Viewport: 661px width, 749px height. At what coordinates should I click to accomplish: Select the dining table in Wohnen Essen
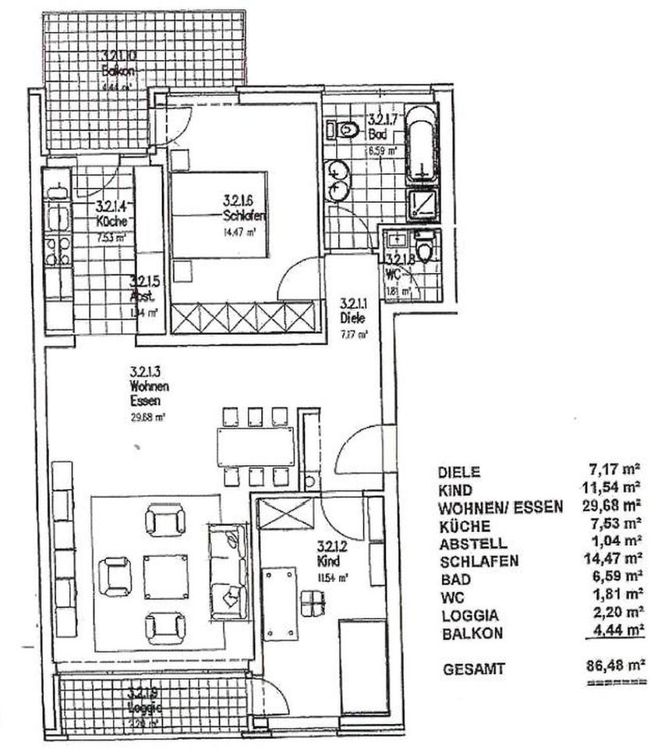click(x=254, y=445)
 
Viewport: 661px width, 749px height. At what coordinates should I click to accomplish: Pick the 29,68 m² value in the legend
click(x=615, y=507)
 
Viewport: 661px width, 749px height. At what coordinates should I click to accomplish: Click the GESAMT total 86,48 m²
click(x=615, y=668)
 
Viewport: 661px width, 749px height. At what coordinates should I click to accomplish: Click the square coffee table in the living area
click(x=165, y=577)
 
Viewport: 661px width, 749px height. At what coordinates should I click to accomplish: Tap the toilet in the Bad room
click(x=348, y=130)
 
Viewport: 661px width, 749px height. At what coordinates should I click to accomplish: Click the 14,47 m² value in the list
click(x=615, y=561)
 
